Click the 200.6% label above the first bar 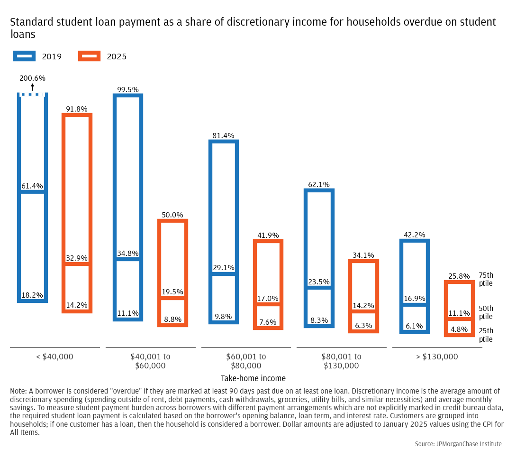point(32,78)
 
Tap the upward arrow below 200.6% point(32,87)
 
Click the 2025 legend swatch point(89,56)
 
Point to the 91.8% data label point(77,109)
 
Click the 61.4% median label point(32,186)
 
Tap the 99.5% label point(128,90)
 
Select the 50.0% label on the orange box point(172,215)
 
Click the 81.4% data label point(224,136)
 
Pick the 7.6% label point(268,322)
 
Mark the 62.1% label point(319,185)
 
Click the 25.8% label point(459,276)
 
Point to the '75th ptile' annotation point(486,279)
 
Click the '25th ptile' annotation point(486,335)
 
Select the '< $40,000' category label point(55,357)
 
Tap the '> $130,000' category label point(437,357)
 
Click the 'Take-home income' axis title point(253,378)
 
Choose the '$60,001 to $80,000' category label point(246,361)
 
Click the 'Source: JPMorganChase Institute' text point(458,444)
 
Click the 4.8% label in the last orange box point(459,329)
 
